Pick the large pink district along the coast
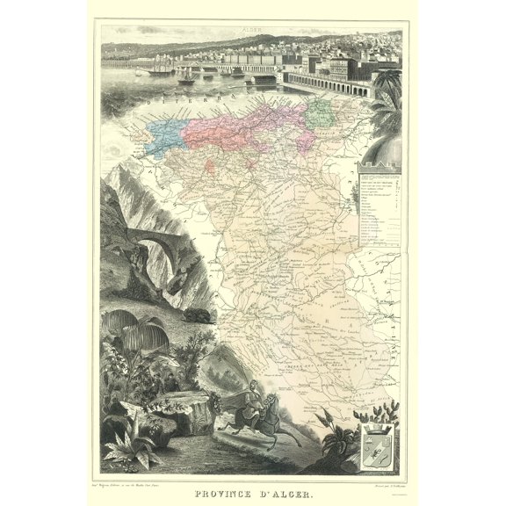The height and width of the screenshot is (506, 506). coord(237,127)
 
